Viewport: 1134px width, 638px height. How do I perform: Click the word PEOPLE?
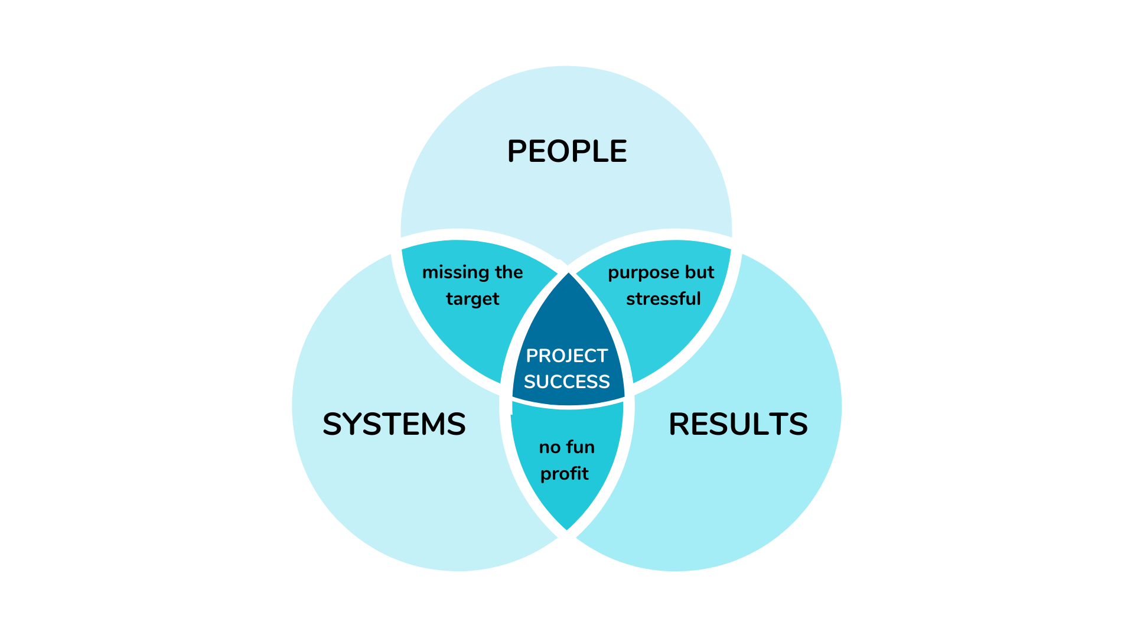click(x=567, y=151)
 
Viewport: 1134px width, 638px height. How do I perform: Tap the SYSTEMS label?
click(x=394, y=424)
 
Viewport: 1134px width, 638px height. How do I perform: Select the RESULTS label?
click(x=738, y=424)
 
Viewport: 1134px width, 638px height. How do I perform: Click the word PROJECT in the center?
click(x=566, y=356)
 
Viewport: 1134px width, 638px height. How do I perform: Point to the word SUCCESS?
click(x=566, y=382)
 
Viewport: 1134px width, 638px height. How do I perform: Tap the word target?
click(x=472, y=299)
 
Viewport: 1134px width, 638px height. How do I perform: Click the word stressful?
click(x=663, y=299)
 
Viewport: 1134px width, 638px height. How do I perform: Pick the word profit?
click(x=564, y=474)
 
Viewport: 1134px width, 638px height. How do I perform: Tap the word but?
click(x=699, y=272)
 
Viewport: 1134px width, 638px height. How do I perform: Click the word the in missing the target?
click(x=509, y=272)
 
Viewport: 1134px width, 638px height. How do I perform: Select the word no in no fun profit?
click(x=549, y=448)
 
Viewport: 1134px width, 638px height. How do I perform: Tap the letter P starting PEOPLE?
click(x=518, y=151)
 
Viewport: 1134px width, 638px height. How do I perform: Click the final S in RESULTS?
click(x=798, y=424)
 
